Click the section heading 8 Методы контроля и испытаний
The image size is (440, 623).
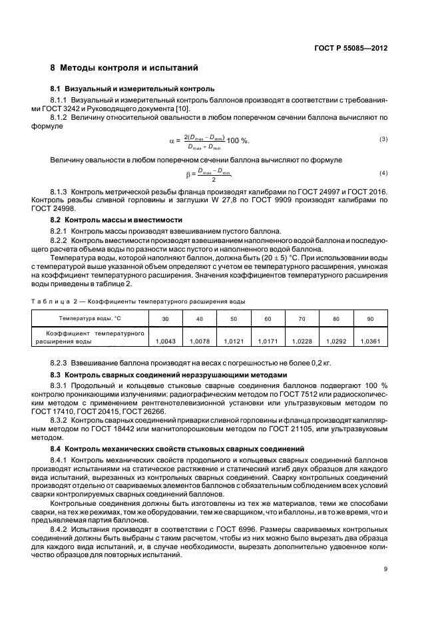(x=124, y=69)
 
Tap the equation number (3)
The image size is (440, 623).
(x=383, y=138)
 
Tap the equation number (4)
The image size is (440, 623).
(x=383, y=173)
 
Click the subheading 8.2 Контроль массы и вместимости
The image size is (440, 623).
(x=117, y=219)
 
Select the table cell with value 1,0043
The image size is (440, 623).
(x=164, y=341)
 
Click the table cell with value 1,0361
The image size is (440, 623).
(x=370, y=341)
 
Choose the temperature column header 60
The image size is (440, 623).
(x=268, y=319)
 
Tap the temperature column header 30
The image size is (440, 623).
(x=164, y=319)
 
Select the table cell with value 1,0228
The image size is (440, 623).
(x=302, y=341)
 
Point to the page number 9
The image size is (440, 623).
(x=385, y=568)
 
